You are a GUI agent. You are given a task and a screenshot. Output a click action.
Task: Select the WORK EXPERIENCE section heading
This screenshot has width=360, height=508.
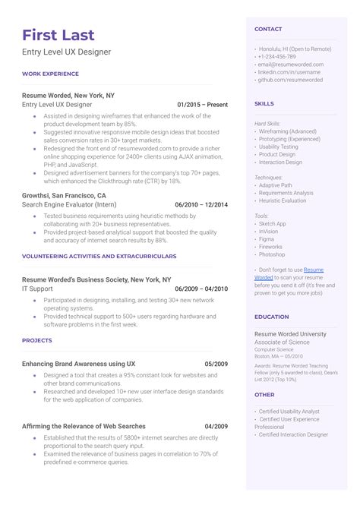50,74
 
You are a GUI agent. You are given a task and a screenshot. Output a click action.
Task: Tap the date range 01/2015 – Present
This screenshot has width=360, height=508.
202,103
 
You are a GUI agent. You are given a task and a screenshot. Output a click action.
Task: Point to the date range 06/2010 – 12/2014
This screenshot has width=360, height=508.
201,204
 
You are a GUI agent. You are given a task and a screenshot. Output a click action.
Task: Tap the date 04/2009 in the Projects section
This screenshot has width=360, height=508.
216,426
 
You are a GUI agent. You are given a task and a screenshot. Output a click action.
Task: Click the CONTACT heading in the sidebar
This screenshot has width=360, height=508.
268,29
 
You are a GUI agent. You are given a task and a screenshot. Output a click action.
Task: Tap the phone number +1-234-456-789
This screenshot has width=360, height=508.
276,57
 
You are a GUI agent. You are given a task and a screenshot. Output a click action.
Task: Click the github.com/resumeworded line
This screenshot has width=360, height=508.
290,79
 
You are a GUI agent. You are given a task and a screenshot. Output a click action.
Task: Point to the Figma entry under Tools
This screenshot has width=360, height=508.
267,238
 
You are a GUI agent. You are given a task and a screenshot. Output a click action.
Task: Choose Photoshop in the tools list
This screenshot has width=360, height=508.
272,254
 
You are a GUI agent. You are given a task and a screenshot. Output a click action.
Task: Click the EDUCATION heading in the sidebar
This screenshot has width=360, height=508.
271,317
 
